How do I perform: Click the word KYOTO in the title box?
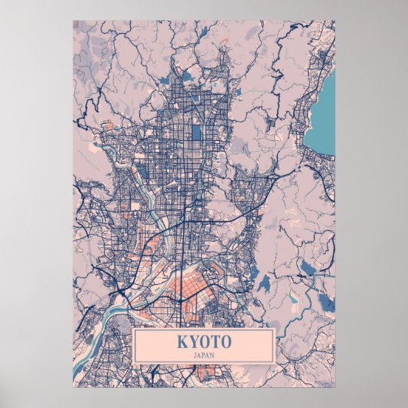point(203,341)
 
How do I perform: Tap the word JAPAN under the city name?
point(203,354)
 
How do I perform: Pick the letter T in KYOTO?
point(214,341)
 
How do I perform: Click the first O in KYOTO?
point(203,341)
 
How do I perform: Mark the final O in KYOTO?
point(225,341)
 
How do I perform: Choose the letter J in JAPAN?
point(195,354)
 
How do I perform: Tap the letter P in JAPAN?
point(203,354)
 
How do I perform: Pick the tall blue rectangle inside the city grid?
point(196,132)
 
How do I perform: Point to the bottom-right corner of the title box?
point(275,363)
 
